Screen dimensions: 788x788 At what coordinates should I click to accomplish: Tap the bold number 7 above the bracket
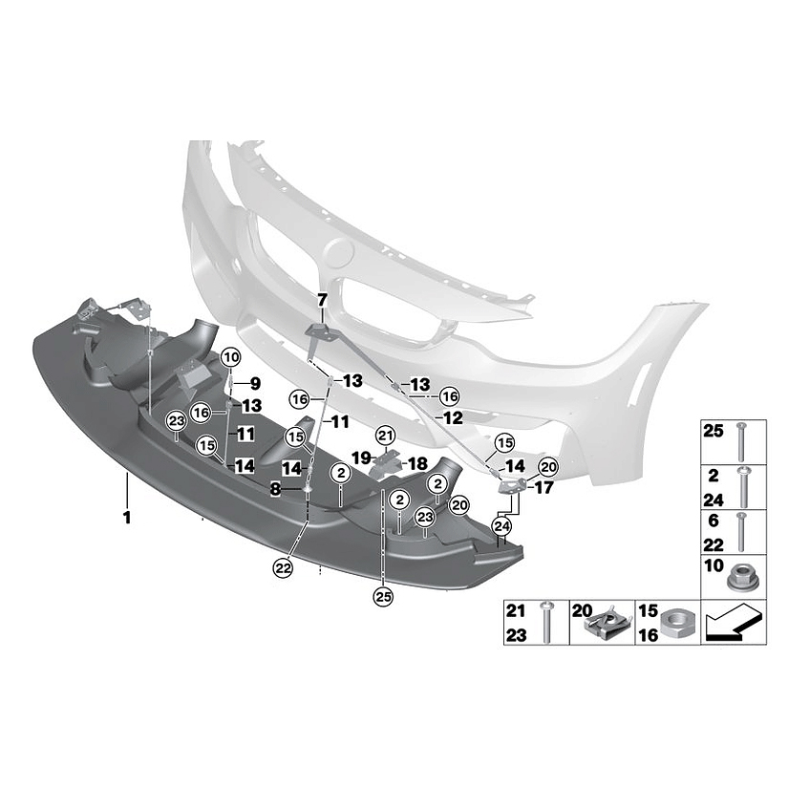point(322,300)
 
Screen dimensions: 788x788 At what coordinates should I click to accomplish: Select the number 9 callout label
point(255,383)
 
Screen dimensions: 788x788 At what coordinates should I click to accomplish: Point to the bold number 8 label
point(275,488)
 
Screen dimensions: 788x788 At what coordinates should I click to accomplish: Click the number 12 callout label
point(454,417)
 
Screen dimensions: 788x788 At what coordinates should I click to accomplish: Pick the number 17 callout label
point(543,488)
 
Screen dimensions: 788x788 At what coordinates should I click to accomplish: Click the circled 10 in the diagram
point(229,358)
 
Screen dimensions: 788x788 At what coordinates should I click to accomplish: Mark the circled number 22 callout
point(283,567)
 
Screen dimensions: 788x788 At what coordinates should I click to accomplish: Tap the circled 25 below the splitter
point(383,597)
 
